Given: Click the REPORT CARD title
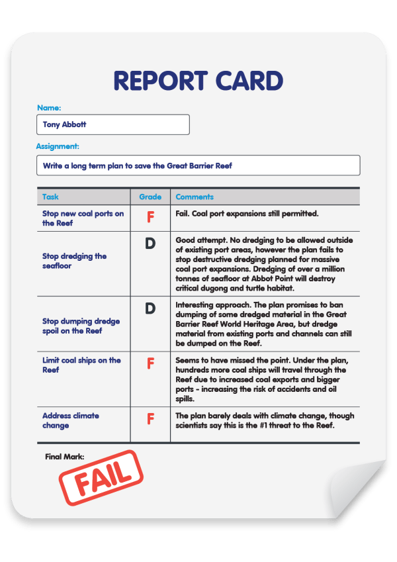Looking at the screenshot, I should [198, 81].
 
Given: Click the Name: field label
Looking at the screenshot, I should [49, 107].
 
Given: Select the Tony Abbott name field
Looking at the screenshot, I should [113, 124].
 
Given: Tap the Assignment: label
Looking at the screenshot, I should [58, 146].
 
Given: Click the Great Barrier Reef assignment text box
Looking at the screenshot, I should [198, 165].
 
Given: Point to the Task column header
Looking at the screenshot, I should [50, 197].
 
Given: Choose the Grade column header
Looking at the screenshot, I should [150, 197].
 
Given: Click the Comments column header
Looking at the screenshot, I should [195, 197].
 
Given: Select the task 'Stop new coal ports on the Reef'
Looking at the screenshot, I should [83, 218].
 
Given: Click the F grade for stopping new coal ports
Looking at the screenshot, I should [150, 216].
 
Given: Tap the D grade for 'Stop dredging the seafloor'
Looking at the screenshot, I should [150, 244].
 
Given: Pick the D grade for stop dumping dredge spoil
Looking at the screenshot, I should [150, 308].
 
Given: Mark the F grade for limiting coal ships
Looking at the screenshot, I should [150, 363].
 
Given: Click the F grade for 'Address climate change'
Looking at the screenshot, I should [150, 419].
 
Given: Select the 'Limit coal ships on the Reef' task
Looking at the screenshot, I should [81, 365].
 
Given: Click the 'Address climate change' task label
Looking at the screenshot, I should [71, 420].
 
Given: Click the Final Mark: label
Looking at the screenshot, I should [64, 456].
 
